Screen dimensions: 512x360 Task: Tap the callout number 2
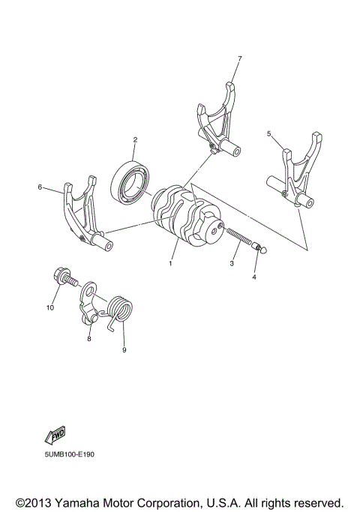[x=135, y=139]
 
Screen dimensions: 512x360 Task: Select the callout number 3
[x=233, y=265]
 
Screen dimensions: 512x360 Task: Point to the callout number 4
[x=254, y=277]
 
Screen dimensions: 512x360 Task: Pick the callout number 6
[x=39, y=187]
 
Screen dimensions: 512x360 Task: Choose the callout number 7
[x=239, y=58]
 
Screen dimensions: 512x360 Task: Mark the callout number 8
[x=88, y=340]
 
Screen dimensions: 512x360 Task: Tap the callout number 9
[x=124, y=349]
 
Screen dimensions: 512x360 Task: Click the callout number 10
[x=52, y=307]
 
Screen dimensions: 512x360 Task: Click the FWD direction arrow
[x=56, y=436]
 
